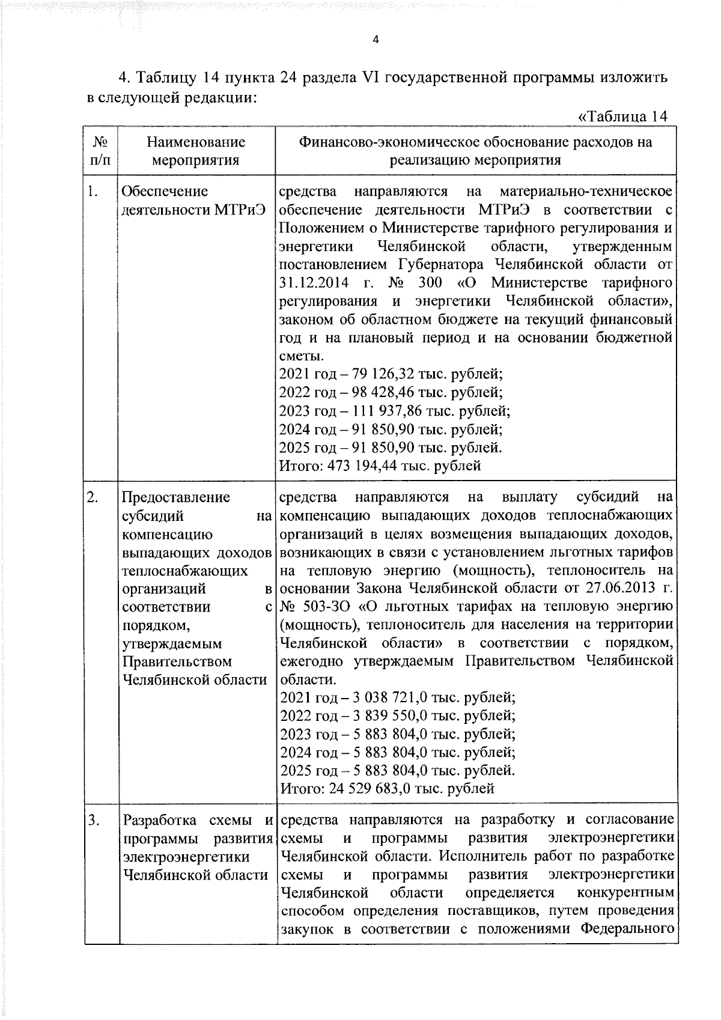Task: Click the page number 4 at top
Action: coord(376,40)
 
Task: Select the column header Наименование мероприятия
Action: coord(196,151)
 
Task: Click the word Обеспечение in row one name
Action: coord(165,192)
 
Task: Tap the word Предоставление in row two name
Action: coord(175,497)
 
